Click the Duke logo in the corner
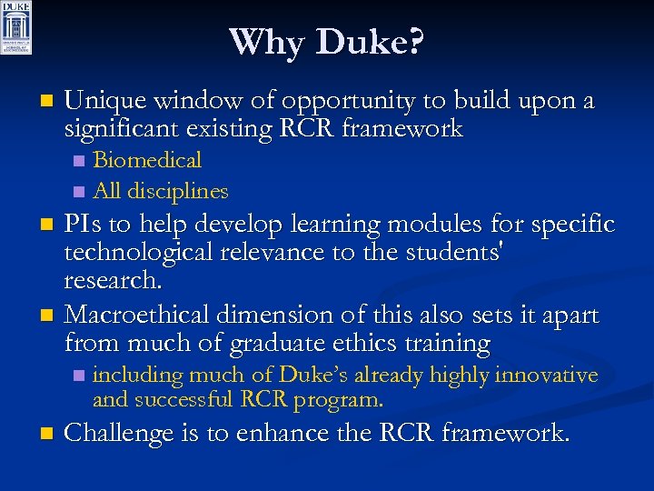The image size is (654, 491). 16,27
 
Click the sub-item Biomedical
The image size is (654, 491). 147,161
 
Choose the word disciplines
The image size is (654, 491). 177,191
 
